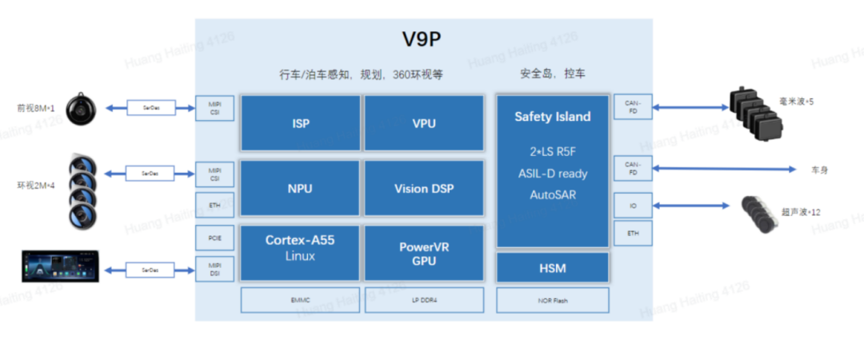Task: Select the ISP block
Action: [x=301, y=123]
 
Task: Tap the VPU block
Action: [x=424, y=123]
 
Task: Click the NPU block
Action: [x=301, y=189]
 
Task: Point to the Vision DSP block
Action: [x=424, y=189]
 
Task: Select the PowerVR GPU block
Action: [x=424, y=253]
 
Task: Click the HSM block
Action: [x=553, y=268]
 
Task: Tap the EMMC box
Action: [x=301, y=300]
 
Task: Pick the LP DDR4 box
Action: [x=424, y=300]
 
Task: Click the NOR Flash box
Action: [x=553, y=300]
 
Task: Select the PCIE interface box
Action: [x=215, y=238]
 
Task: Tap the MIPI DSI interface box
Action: [x=215, y=270]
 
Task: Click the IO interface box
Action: [x=633, y=206]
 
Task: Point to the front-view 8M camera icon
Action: [x=81, y=108]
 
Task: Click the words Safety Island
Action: [x=553, y=117]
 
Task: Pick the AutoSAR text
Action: [x=553, y=194]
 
